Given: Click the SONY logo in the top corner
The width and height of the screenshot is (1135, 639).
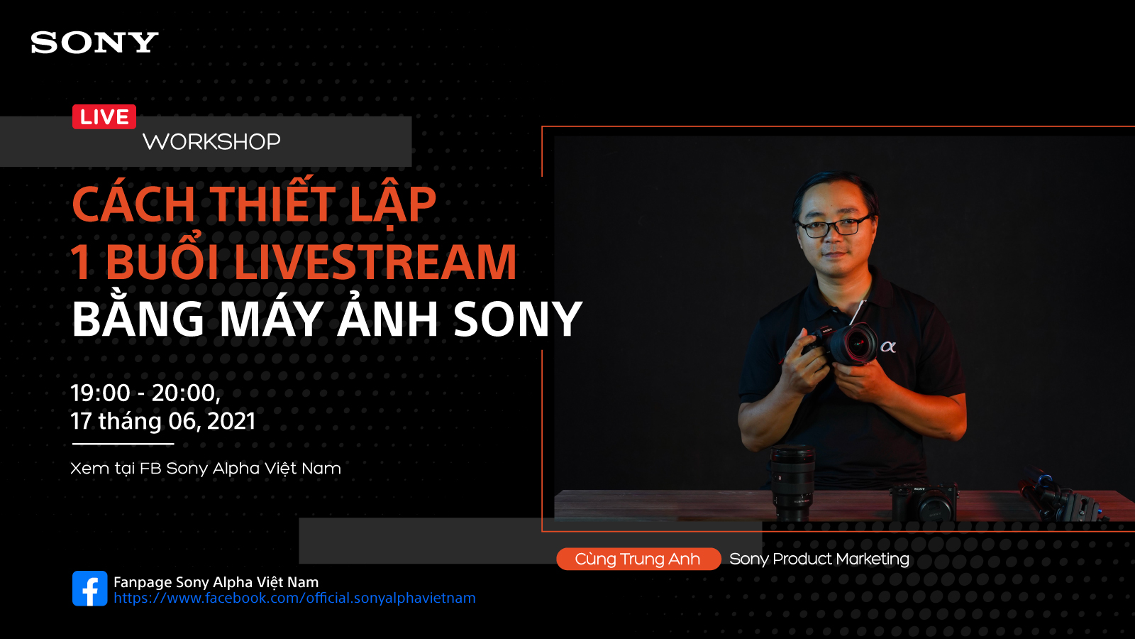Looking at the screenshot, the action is pos(94,42).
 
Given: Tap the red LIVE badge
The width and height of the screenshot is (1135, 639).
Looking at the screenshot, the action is pos(104,116).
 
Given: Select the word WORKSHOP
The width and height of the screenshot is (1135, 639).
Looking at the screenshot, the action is pos(211,141).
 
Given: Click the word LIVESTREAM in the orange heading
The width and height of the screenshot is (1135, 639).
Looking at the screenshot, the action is pos(375,261).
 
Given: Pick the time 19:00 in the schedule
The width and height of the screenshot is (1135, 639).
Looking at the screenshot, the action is pos(100,393).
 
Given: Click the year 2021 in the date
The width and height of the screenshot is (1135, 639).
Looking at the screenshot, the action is pos(231,421).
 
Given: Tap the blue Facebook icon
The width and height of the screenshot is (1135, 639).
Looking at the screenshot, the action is pos(89,589).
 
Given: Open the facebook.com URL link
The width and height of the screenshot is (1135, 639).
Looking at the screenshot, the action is pos(294,598).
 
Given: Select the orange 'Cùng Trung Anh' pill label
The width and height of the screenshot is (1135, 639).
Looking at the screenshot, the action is pos(638,559).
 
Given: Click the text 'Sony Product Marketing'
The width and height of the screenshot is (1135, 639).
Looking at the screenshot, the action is pos(819,559).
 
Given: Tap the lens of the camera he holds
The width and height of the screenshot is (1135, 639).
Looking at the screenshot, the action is pos(855,344).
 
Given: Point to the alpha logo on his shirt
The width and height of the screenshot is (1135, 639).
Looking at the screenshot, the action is pos(887,347).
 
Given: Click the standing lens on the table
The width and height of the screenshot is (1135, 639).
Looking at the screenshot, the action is pos(792,483).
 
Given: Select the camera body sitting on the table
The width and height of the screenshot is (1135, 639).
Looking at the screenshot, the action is pos(924,502).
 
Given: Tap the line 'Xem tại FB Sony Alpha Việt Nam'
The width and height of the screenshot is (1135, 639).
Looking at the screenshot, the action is pos(205,468).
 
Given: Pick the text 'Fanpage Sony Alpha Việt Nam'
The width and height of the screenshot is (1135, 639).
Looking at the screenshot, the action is pos(216,582).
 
